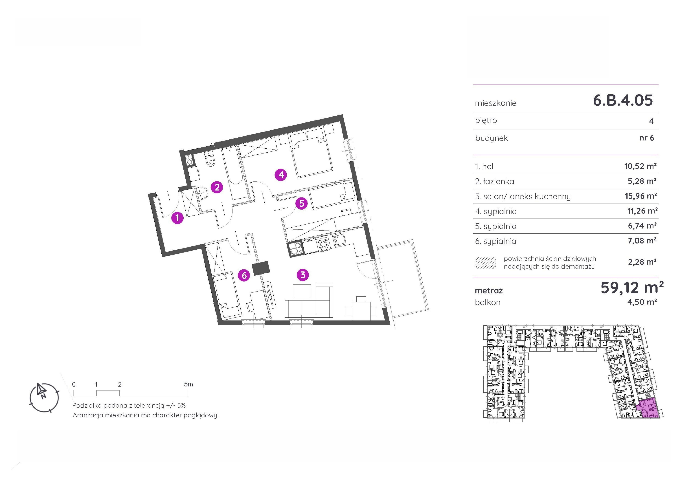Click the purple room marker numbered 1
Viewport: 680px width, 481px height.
[177, 218]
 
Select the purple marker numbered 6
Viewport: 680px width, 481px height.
[244, 275]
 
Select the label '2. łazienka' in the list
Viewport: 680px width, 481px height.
[495, 181]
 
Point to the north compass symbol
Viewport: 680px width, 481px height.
[44, 397]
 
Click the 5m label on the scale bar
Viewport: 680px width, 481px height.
[188, 384]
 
